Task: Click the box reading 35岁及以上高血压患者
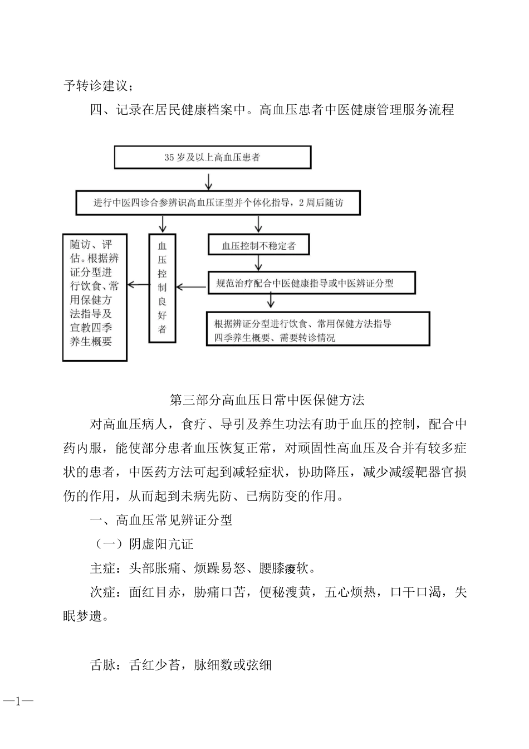tap(212, 157)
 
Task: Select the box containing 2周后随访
tap(218, 203)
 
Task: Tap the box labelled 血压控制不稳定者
tap(258, 245)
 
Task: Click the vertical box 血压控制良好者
tap(162, 287)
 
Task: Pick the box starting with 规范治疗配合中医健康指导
tap(312, 283)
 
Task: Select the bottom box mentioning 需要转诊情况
tap(318, 329)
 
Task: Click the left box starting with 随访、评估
tap(95, 297)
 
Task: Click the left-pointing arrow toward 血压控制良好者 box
tap(192, 287)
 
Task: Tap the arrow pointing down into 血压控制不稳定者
tap(258, 224)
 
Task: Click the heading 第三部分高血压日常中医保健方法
tap(267, 400)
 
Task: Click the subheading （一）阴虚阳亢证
tap(142, 544)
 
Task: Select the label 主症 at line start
tap(102, 568)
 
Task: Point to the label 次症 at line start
tap(102, 592)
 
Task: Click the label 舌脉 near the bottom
tap(102, 665)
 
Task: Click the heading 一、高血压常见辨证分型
tap(161, 520)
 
